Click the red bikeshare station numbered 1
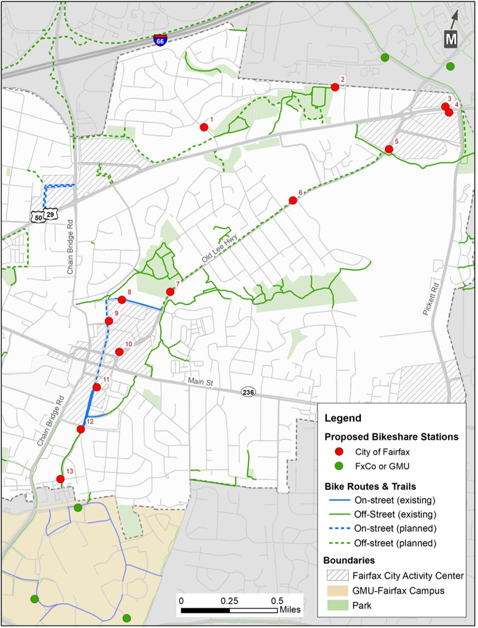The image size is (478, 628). [x=204, y=127]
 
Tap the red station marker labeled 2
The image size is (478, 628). [x=335, y=87]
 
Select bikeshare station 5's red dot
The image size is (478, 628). [x=389, y=149]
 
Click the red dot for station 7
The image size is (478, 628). [x=170, y=292]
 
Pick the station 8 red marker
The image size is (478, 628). [x=122, y=300]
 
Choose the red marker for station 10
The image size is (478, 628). [x=119, y=351]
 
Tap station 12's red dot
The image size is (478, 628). [x=81, y=429]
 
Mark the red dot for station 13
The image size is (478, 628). [x=60, y=479]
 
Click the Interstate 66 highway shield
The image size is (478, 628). [x=160, y=41]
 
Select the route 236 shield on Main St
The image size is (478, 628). [x=248, y=392]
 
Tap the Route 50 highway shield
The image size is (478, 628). [x=37, y=217]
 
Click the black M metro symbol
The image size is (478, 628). [x=450, y=39]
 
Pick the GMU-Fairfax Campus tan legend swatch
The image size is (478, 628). [x=338, y=590]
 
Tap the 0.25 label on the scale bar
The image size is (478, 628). [x=229, y=601]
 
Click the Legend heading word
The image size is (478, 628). [x=343, y=418]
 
